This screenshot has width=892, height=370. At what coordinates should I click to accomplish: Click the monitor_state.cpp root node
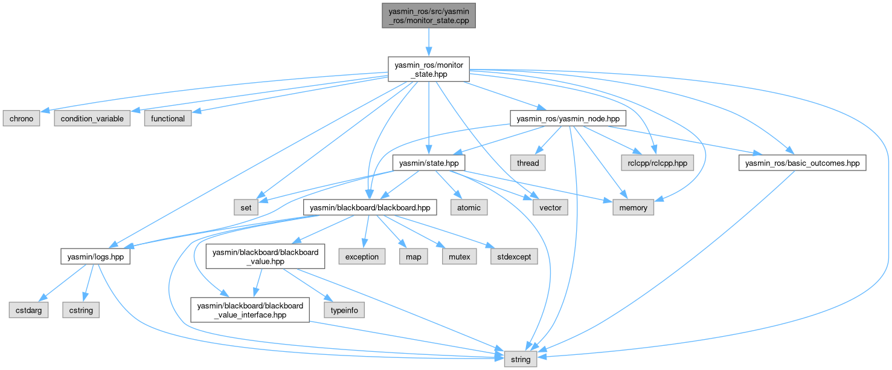pos(428,15)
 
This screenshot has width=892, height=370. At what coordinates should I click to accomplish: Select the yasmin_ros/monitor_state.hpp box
pos(428,69)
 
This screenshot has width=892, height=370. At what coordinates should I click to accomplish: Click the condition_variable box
pos(92,118)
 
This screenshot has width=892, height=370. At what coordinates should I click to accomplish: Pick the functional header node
pos(167,118)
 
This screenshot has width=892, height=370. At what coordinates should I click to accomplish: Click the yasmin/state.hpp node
pos(428,163)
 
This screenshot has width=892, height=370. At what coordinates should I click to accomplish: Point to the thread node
pos(527,163)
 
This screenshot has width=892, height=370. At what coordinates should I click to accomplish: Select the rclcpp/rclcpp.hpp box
pos(657,163)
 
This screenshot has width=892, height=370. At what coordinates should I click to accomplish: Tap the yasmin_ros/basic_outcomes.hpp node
pos(803,163)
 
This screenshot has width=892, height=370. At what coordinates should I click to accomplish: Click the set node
pos(246,208)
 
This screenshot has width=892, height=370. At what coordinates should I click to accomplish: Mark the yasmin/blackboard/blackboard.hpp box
pos(370,208)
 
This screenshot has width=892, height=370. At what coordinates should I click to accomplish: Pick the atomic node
pos(469,208)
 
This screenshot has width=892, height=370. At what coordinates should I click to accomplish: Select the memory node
pos(633,208)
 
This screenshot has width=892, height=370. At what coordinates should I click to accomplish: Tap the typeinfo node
pos(344,310)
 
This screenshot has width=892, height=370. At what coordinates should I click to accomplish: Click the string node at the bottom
pos(520,359)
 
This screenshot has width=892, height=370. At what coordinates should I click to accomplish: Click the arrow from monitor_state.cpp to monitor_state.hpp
pos(428,42)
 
